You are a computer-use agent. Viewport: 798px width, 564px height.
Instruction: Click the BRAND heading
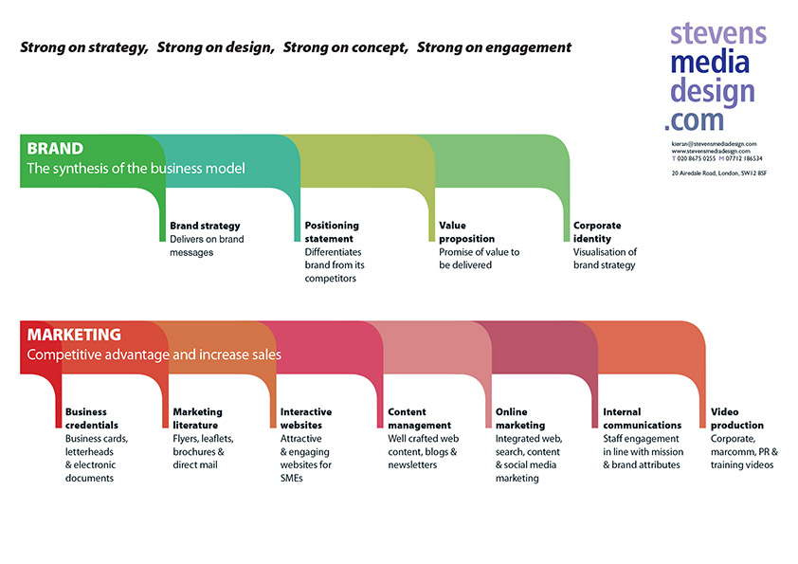tap(55, 149)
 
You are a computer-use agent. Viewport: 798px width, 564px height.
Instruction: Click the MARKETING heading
tap(74, 335)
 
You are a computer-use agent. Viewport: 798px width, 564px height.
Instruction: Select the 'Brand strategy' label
tap(205, 227)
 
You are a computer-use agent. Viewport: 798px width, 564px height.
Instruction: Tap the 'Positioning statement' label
tap(332, 232)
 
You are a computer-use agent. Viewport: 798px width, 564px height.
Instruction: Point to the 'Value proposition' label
tap(466, 232)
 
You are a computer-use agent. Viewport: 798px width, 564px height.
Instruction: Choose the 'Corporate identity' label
tap(597, 232)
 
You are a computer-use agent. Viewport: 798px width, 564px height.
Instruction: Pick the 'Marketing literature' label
tap(198, 419)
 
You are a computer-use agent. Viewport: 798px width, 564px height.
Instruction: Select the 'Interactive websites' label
tap(306, 419)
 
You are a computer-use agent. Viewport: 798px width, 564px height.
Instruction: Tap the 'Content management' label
tap(420, 419)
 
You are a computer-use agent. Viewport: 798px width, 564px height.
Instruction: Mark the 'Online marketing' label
tap(521, 419)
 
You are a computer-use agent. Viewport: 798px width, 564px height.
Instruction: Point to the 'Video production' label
tap(737, 419)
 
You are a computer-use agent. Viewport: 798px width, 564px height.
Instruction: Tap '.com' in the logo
tap(694, 118)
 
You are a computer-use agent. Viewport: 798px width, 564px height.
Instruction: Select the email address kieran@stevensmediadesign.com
tap(714, 143)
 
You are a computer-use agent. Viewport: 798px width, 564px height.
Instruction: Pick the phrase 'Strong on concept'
tap(345, 46)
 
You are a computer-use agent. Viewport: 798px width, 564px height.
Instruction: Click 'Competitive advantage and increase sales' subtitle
tap(154, 355)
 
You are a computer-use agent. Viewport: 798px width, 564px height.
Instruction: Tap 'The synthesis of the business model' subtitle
tap(136, 169)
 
